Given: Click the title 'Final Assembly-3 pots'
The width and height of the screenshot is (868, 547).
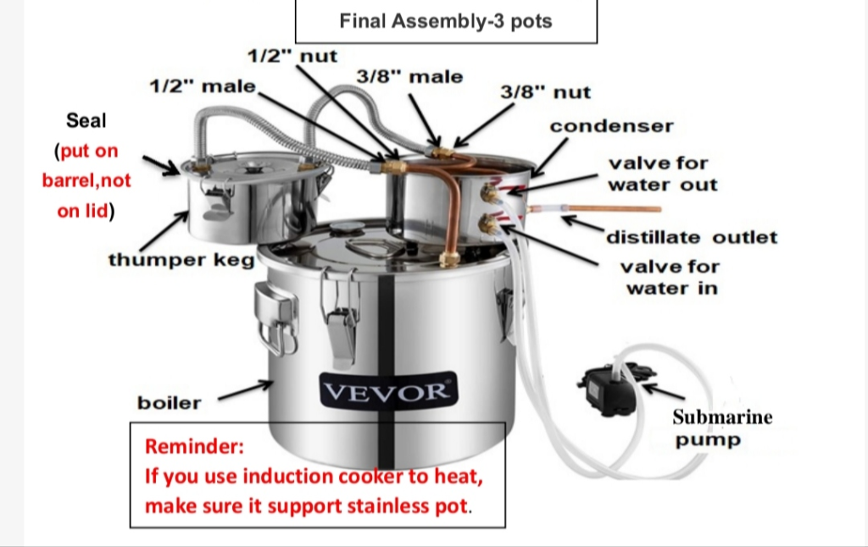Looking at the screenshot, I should (x=446, y=21).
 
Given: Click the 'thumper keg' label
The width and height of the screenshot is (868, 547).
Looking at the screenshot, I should (x=181, y=260).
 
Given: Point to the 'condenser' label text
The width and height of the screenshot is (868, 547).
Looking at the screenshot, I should (x=611, y=126).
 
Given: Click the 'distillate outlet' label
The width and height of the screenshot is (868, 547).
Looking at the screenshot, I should (x=692, y=237).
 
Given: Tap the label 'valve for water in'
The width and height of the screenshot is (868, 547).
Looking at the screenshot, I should (x=670, y=278).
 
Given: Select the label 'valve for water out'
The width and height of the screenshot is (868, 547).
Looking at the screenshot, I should (x=662, y=174).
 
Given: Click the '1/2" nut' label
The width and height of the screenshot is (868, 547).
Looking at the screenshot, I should (x=292, y=57).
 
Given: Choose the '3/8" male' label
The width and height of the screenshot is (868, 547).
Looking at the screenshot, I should (x=409, y=77).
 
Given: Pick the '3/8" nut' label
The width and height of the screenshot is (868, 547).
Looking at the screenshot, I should (x=545, y=92).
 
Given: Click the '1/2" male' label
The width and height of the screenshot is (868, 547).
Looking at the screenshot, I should (x=202, y=86).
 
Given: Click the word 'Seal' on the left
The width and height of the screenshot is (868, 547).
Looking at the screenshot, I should (x=86, y=120).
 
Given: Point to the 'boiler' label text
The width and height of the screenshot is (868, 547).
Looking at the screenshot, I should (x=170, y=403).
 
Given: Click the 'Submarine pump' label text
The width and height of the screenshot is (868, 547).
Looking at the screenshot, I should (x=721, y=428).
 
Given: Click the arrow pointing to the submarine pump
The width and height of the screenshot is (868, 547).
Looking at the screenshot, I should (x=665, y=392).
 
